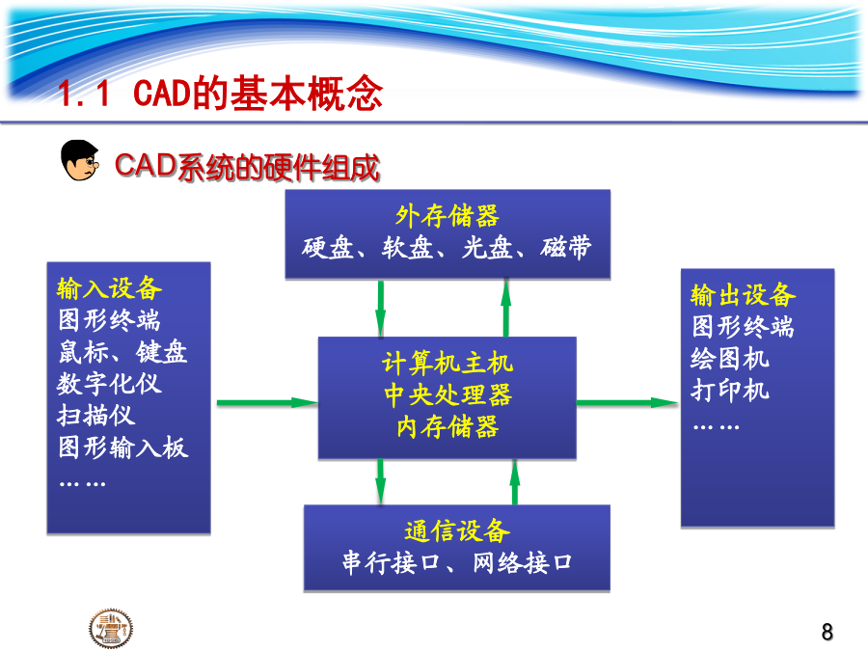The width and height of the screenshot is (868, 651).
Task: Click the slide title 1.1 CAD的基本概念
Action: tap(220, 93)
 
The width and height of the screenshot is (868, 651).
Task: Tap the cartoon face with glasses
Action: tap(80, 160)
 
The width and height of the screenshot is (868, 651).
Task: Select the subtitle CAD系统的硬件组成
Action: tap(247, 167)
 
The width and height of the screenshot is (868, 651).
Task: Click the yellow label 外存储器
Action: tap(448, 215)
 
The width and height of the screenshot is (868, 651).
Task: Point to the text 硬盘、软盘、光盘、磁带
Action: tap(447, 247)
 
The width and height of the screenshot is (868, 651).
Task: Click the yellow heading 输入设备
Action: tap(110, 288)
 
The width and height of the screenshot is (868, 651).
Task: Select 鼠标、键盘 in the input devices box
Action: tap(122, 351)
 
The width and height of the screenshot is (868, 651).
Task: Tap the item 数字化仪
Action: tap(109, 384)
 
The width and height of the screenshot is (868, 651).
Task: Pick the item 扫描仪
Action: tap(95, 415)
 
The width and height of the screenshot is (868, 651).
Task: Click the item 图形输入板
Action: tap(122, 448)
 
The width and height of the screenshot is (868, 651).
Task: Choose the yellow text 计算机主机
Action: tap(448, 364)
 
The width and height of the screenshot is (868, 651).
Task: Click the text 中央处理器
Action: tap(448, 395)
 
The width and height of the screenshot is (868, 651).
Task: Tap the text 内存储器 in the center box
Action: tap(448, 427)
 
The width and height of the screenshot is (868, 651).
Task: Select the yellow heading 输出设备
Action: tap(743, 294)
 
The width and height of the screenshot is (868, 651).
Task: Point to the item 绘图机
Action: tap(730, 358)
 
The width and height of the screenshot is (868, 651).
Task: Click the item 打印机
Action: tap(730, 391)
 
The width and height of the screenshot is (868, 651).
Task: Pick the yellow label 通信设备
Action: tap(457, 530)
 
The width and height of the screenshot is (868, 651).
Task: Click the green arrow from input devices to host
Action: tap(267, 402)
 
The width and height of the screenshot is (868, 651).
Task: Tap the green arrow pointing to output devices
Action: tap(628, 402)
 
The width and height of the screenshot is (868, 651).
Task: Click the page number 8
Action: tap(827, 632)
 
